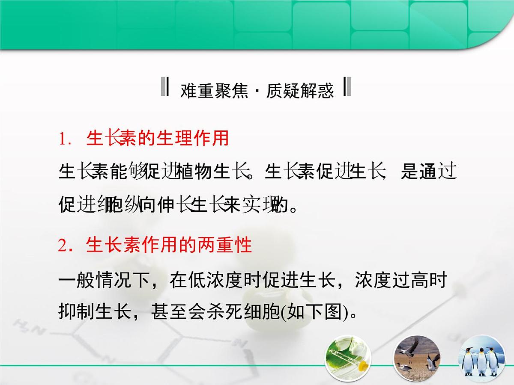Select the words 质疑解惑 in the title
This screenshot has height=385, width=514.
tap(299, 91)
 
